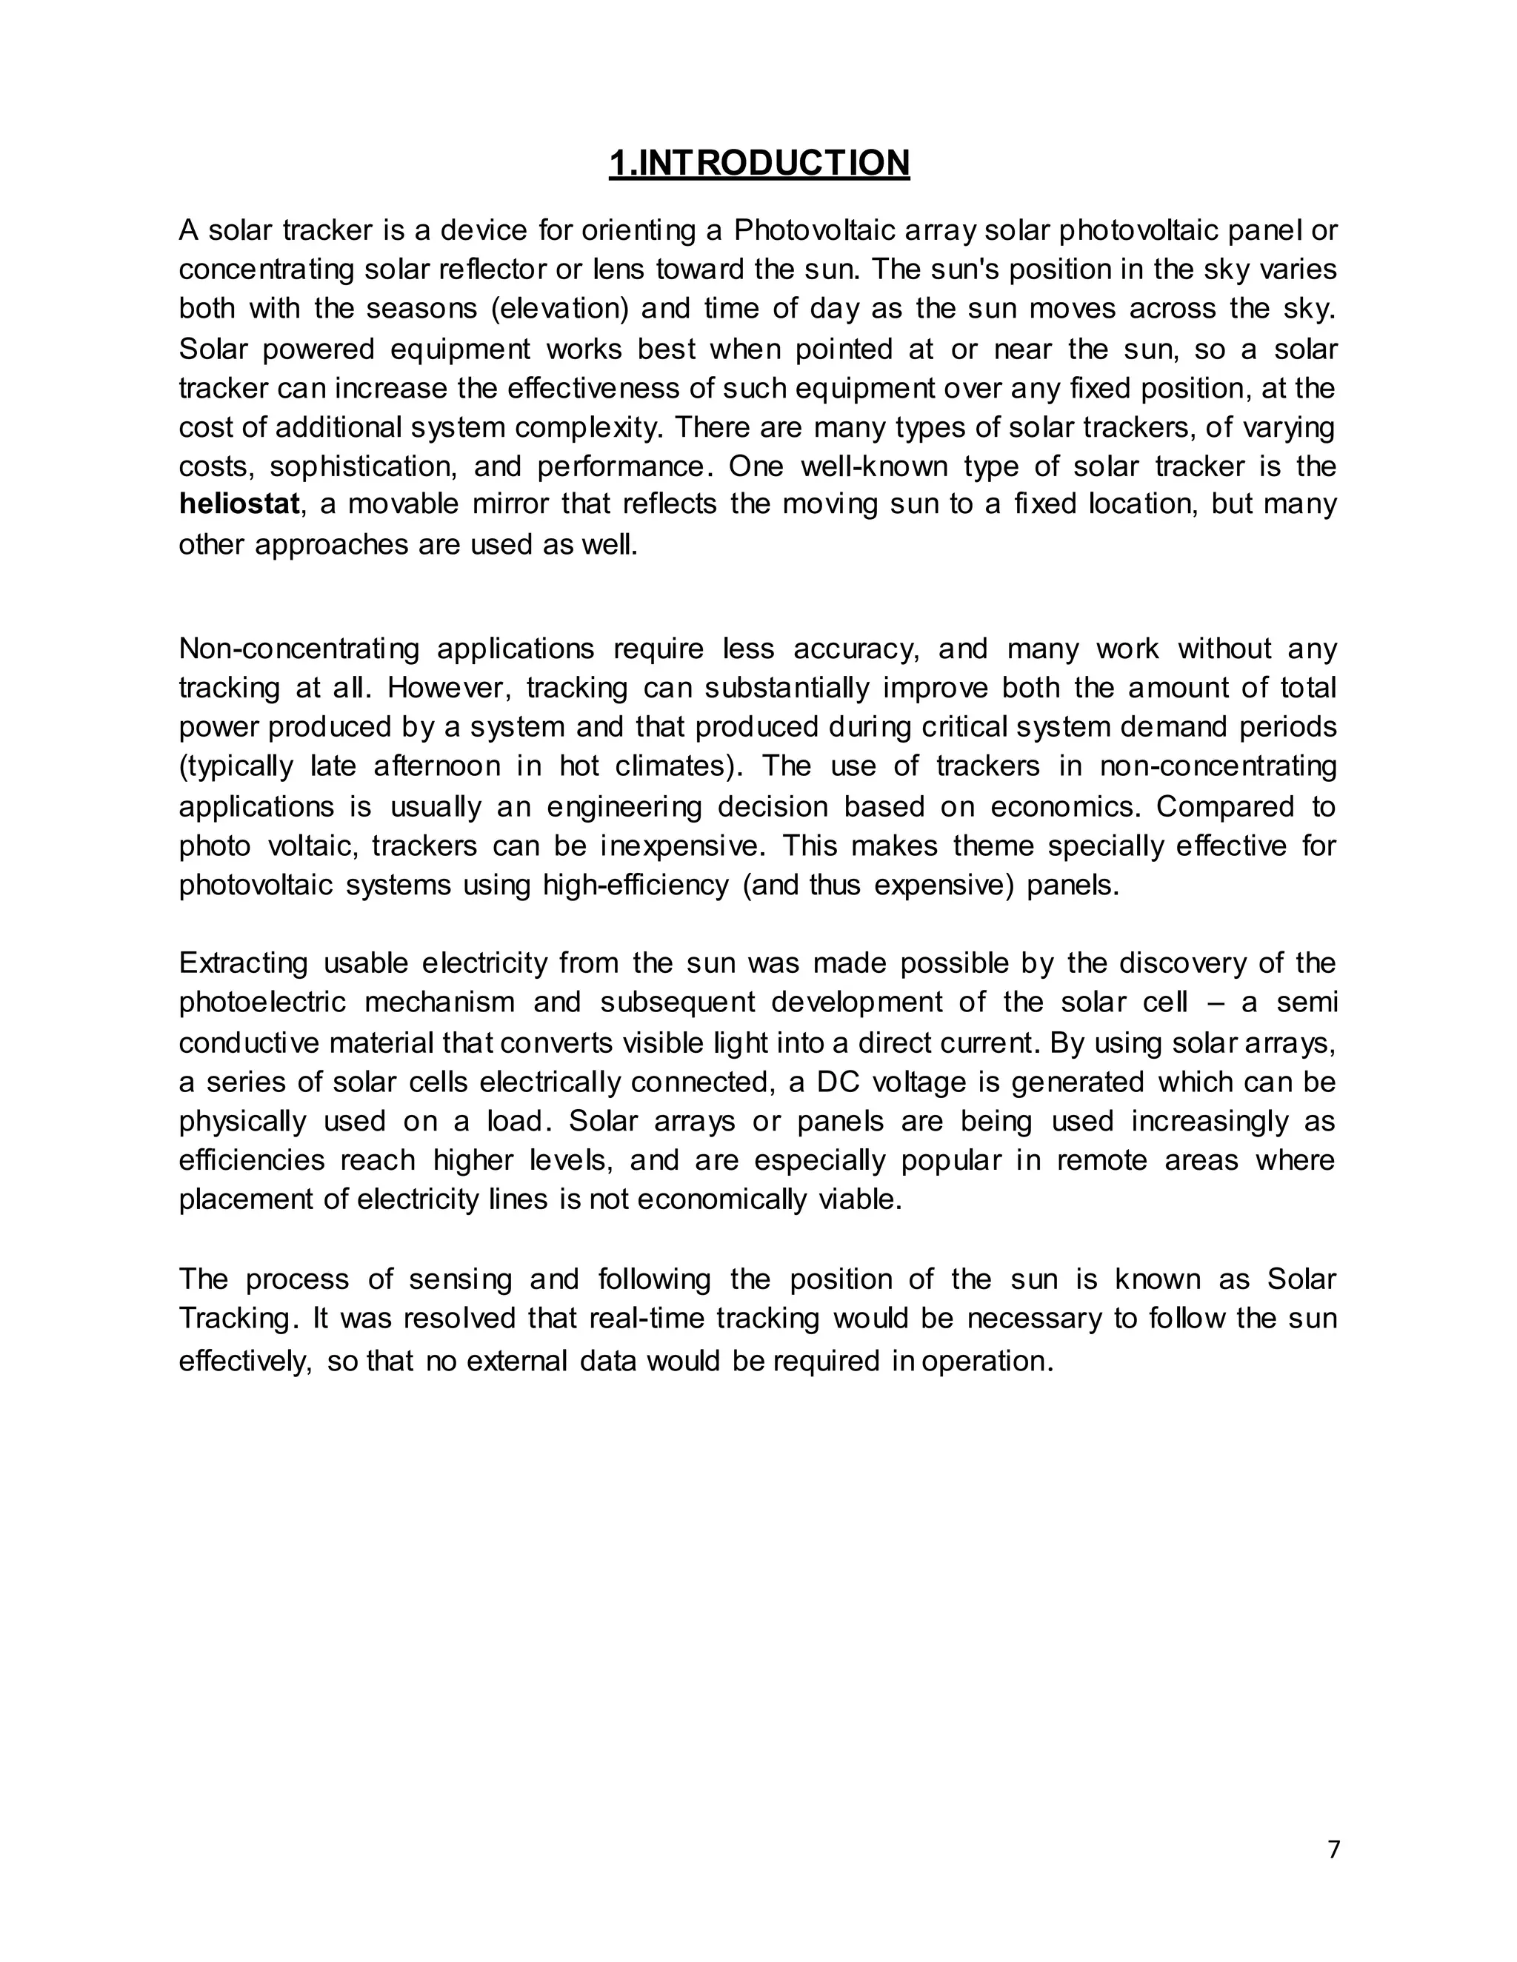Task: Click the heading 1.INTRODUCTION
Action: point(758,164)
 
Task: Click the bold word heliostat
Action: point(239,504)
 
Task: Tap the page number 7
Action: point(1333,1849)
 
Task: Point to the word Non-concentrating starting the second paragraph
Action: point(299,649)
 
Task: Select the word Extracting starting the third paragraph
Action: point(243,964)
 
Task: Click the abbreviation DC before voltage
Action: point(838,1082)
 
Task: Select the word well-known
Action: point(873,466)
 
